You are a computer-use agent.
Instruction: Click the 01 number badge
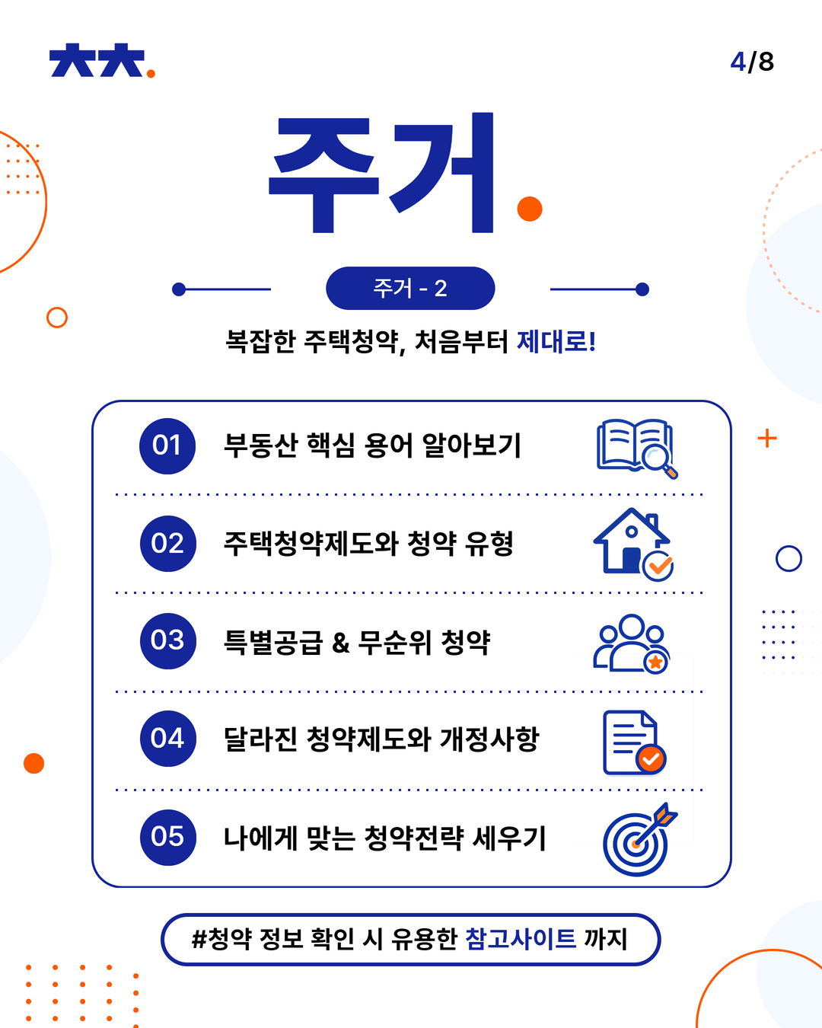[167, 445]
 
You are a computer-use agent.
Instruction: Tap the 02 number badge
[167, 544]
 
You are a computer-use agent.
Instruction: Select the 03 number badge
[167, 641]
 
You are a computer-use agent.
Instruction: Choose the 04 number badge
[167, 739]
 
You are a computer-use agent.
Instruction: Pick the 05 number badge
[167, 838]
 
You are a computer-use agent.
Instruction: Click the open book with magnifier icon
[637, 449]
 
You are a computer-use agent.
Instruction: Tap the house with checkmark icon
[632, 544]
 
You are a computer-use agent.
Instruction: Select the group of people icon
[632, 643]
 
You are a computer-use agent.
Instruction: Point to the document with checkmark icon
[634, 742]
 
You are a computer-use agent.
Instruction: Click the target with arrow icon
[639, 840]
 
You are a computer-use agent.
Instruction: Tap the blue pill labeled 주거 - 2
[410, 288]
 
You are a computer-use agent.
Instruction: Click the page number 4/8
[752, 62]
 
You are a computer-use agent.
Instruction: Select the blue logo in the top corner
[102, 60]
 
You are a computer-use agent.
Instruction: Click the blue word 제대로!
[556, 341]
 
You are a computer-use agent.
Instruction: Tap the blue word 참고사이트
[521, 938]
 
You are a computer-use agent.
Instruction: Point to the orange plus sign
[767, 438]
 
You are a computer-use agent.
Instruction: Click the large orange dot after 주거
[530, 209]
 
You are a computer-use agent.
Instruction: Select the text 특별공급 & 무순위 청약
[357, 642]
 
